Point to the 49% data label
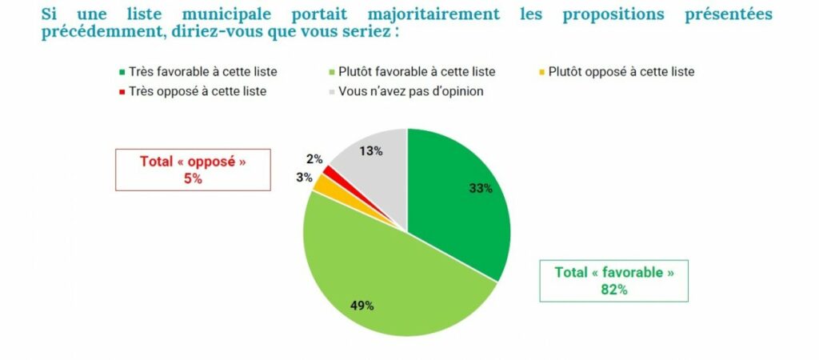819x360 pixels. (362, 305)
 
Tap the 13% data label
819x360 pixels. (372, 150)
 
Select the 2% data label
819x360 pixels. (314, 159)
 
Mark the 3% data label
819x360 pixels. (304, 177)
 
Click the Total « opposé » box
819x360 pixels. (193, 170)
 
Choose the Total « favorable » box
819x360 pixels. (613, 281)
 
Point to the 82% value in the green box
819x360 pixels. (613, 290)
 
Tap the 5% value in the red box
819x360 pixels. (193, 178)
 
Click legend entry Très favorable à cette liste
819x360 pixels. (203, 71)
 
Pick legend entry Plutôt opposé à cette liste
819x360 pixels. (621, 71)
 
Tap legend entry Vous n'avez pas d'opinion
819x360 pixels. (410, 91)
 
